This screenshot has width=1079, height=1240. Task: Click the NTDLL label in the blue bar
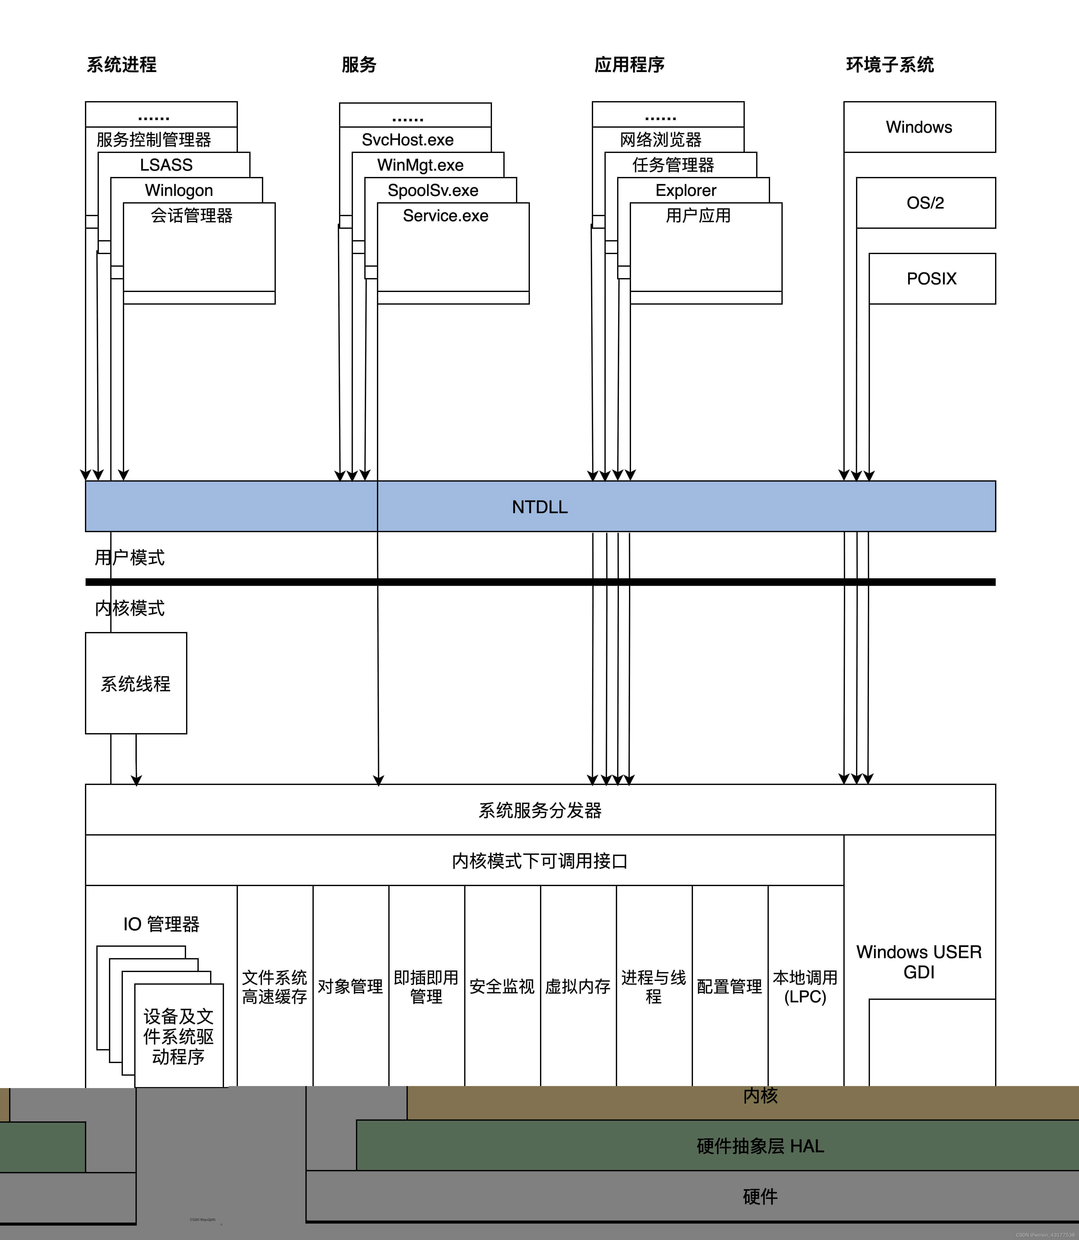point(539,507)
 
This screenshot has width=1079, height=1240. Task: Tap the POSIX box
point(931,279)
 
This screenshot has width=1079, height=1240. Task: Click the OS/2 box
point(926,203)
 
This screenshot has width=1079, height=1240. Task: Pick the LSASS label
point(166,165)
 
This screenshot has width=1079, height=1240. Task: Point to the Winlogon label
point(179,190)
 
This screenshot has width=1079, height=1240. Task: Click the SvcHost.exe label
point(408,140)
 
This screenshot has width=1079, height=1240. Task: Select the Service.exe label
point(445,215)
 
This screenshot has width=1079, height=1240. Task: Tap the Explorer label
point(686,190)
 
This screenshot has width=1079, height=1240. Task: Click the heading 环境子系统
point(890,64)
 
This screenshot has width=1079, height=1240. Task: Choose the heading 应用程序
point(629,64)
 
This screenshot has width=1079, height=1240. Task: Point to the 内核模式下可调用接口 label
point(539,861)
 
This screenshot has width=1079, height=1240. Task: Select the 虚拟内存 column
point(578,986)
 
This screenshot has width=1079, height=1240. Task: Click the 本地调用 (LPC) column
point(806,986)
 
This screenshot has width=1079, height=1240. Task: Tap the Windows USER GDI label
point(919,962)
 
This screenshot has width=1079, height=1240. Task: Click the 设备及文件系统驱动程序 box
point(179,1036)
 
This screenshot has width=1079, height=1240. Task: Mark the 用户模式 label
point(129,557)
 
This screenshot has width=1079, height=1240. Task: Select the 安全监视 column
point(502,986)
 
